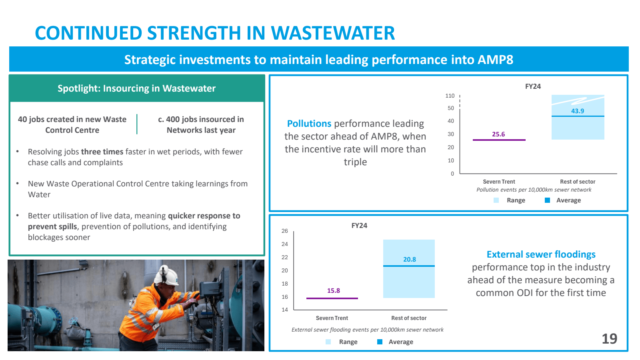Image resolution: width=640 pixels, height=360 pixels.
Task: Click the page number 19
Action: pos(609,339)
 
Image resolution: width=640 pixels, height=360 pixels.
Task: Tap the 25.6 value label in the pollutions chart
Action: pos(498,134)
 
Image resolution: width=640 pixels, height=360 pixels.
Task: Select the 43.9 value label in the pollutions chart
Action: pos(577,111)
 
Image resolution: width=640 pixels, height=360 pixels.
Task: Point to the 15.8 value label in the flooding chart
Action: pos(333,291)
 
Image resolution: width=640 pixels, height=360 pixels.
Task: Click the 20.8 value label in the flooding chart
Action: pos(409,260)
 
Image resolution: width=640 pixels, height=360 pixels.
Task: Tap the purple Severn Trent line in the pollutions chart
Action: pos(499,140)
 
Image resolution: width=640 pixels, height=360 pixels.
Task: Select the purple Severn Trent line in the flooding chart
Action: pos(332,298)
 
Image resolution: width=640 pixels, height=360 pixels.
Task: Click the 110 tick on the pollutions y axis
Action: pos(450,96)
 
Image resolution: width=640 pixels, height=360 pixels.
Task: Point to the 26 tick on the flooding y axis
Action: pos(284,231)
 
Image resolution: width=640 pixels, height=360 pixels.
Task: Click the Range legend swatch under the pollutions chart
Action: pos(496,200)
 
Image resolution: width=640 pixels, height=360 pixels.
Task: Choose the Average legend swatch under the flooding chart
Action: pos(380,342)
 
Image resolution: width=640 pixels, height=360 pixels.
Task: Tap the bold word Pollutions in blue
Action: pos(309,124)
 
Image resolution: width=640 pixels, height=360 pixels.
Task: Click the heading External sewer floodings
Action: pos(541,254)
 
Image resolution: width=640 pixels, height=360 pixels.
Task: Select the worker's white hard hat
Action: pos(168,276)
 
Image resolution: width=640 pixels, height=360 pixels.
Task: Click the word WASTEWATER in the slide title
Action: pos(333,33)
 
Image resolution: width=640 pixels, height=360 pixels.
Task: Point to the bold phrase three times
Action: pos(102,152)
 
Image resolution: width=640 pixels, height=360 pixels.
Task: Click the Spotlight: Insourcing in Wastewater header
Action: pos(136,88)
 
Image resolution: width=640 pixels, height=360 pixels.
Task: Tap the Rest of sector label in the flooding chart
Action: pos(409,318)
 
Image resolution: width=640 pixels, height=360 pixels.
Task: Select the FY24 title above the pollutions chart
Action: pos(533,86)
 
